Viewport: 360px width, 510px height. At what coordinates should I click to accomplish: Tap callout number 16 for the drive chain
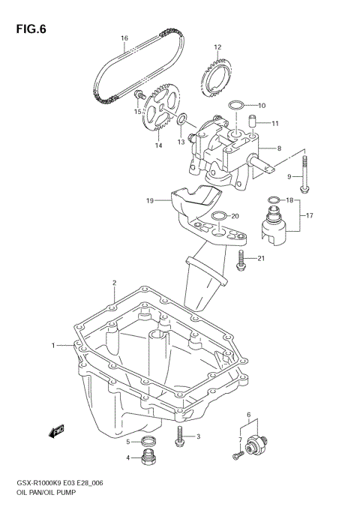[124, 37]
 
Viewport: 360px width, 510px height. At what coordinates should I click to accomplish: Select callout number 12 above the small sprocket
[217, 47]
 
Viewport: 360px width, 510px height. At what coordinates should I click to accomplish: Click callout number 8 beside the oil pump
[279, 148]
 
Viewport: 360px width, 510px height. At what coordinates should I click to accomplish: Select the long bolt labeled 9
[304, 175]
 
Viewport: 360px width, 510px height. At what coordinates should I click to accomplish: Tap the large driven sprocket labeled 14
[159, 112]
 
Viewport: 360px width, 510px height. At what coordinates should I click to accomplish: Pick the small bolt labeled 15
[139, 96]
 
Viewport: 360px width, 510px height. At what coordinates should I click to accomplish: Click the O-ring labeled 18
[273, 199]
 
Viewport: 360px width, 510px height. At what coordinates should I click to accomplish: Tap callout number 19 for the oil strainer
[149, 201]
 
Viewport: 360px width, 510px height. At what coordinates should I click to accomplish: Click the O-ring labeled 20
[218, 217]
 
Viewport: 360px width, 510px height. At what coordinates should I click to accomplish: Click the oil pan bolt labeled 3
[180, 437]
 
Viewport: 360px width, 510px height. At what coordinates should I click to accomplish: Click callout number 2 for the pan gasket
[114, 283]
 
